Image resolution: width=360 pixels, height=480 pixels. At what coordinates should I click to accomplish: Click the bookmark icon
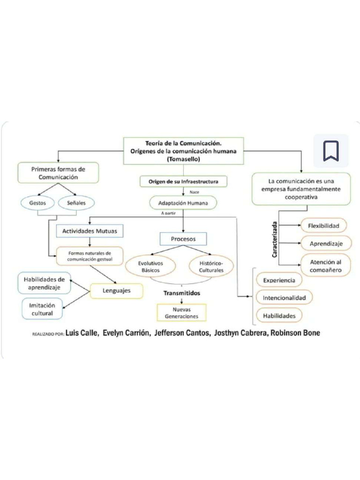[331, 150]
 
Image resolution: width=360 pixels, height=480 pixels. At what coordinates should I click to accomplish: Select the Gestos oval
[37, 203]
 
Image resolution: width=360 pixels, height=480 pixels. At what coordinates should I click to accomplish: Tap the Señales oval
[76, 203]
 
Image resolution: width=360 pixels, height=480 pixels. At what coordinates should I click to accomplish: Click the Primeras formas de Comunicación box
[58, 172]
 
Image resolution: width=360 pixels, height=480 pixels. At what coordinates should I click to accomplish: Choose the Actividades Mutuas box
[90, 231]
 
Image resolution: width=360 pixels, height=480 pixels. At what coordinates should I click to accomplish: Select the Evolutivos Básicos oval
[150, 267]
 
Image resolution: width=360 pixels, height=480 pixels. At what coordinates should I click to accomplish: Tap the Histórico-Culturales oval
[211, 267]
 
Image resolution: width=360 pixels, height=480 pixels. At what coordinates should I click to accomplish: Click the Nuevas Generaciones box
[182, 313]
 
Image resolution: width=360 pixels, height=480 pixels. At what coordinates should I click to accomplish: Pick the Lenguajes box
[117, 291]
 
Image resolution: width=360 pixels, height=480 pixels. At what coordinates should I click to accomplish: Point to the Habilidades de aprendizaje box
[45, 283]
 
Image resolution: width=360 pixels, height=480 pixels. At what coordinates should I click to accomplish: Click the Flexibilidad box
[323, 226]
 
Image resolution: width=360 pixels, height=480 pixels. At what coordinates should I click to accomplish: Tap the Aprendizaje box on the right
[323, 244]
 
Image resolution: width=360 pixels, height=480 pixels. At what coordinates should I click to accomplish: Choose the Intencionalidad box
[284, 298]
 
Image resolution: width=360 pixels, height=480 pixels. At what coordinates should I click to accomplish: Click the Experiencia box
[279, 280]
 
